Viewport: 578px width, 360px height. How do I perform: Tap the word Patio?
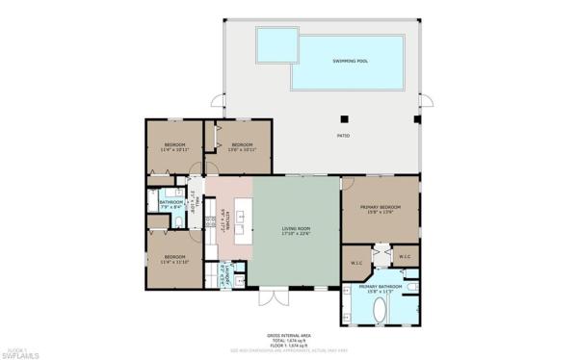click(342, 137)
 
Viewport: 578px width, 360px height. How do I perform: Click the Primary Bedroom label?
click(381, 209)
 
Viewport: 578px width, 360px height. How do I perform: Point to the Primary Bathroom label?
click(381, 287)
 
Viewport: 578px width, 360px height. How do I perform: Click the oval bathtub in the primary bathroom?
click(378, 311)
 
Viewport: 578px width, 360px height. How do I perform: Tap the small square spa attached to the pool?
click(276, 42)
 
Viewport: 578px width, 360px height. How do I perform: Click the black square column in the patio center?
click(343, 119)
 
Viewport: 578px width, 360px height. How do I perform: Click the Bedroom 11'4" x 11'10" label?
click(173, 257)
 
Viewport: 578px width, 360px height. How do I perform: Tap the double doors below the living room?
click(276, 295)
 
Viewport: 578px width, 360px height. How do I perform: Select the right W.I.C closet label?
click(405, 257)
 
